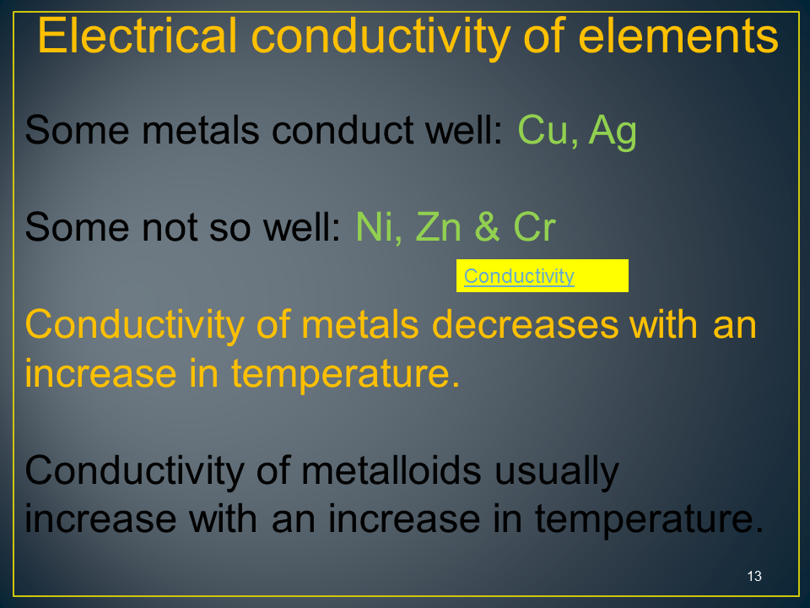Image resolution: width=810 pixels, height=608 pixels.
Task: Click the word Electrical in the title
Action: point(137,35)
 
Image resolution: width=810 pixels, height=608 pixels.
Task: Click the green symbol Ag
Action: point(613,133)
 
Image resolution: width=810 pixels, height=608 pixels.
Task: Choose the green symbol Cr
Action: point(535,226)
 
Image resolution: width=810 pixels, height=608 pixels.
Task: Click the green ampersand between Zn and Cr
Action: point(487,226)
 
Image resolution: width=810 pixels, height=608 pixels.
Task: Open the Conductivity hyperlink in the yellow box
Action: point(519,276)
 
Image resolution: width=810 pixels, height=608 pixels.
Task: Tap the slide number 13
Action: point(754,576)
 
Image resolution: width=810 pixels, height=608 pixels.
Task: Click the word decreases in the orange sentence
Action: point(525,324)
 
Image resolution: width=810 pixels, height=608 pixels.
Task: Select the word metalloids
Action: point(391,470)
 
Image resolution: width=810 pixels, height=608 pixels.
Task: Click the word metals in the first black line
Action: point(201,129)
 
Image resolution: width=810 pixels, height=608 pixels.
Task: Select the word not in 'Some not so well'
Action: point(170,227)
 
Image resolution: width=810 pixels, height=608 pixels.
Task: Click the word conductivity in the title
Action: point(381,37)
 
